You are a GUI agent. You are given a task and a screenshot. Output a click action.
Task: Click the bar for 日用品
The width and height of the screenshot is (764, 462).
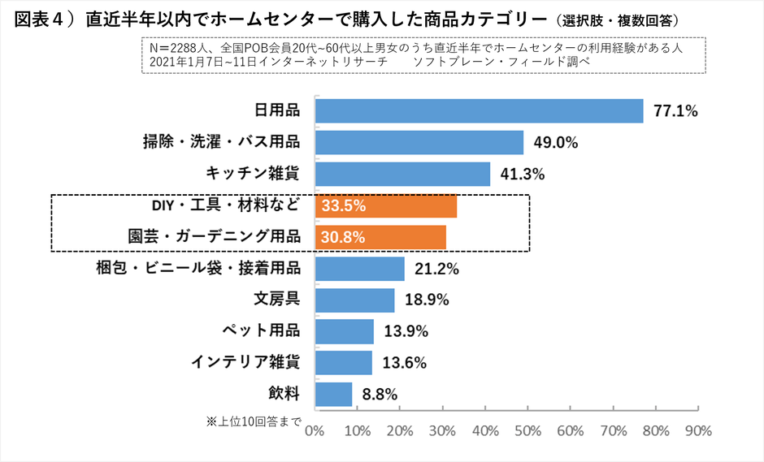479,111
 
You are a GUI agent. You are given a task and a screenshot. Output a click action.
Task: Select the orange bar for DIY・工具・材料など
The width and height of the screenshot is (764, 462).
385,206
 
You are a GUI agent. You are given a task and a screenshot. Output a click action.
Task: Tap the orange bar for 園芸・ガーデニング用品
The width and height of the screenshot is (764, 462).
380,238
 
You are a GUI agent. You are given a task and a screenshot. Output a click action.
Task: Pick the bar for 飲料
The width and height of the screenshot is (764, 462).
333,395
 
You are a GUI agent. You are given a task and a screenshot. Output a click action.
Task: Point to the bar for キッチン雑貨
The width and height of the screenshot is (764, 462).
402,175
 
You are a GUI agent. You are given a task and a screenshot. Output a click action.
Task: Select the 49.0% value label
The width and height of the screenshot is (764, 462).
556,143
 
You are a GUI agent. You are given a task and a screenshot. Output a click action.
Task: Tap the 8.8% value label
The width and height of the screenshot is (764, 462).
379,395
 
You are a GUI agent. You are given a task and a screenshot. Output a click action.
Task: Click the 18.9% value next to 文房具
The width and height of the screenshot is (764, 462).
427,300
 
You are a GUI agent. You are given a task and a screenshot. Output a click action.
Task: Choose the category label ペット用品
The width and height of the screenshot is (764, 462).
261,330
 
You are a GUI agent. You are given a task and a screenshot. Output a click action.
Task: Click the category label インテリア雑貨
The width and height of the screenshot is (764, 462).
245,362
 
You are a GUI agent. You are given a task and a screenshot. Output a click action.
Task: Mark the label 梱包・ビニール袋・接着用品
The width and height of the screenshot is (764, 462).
199,268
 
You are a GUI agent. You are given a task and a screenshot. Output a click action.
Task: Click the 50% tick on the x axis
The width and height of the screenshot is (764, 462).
528,430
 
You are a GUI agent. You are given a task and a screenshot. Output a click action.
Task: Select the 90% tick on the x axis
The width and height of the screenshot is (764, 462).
699,430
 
